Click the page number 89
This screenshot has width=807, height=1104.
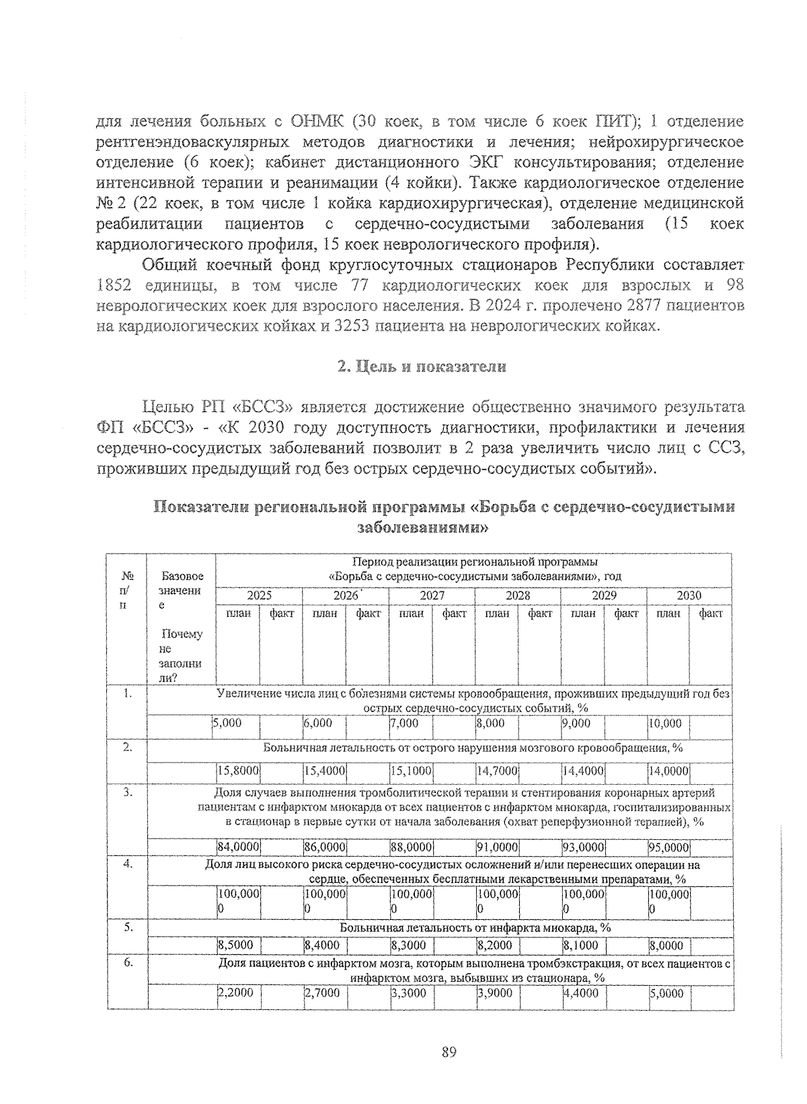pyautogui.click(x=450, y=1052)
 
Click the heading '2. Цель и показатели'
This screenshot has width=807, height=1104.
pyautogui.click(x=421, y=367)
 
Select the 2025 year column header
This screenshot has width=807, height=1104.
pyautogui.click(x=259, y=595)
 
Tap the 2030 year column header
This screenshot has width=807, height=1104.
pyautogui.click(x=689, y=595)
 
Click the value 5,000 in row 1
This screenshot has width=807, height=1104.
pyautogui.click(x=227, y=723)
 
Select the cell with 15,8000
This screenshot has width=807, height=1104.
pyautogui.click(x=238, y=771)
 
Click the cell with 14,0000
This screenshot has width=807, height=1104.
pyautogui.click(x=668, y=771)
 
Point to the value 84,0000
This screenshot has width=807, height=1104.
pyautogui.click(x=238, y=847)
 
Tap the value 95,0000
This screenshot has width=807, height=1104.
pyautogui.click(x=668, y=847)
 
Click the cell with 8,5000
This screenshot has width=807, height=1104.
pyautogui.click(x=235, y=945)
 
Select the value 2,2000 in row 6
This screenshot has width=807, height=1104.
pyautogui.click(x=235, y=992)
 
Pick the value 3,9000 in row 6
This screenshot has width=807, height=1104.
pyautogui.click(x=495, y=992)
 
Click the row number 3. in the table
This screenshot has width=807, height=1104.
pyautogui.click(x=127, y=793)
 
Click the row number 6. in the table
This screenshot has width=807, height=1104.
pyautogui.click(x=127, y=963)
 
